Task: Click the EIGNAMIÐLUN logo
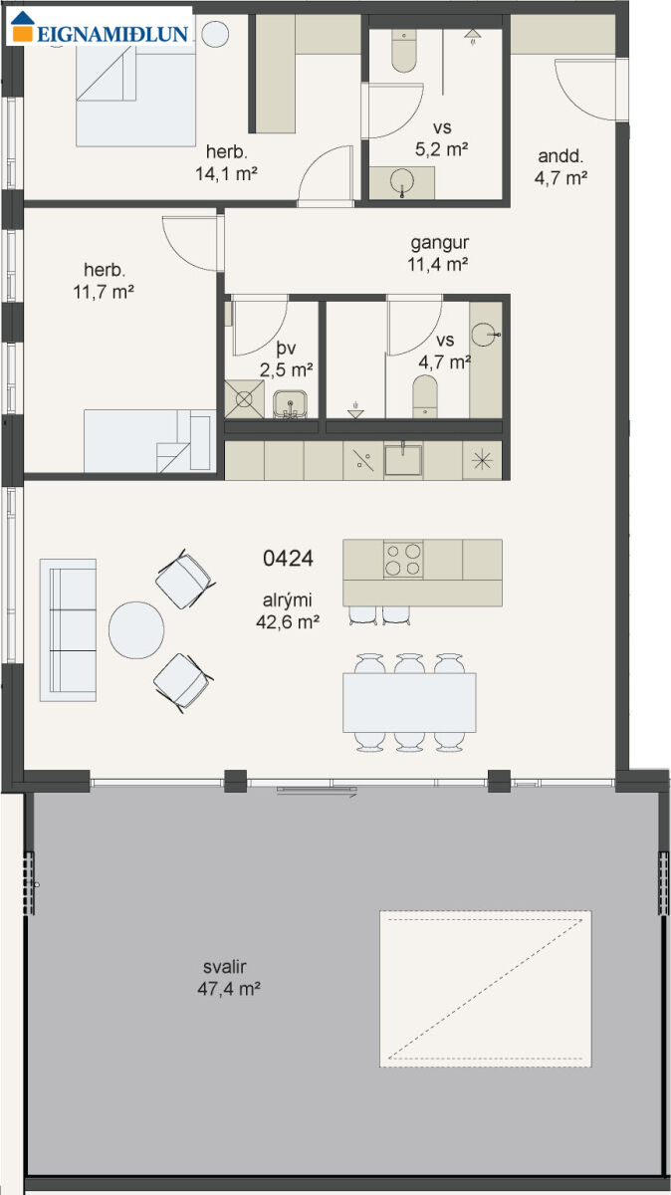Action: (x=100, y=26)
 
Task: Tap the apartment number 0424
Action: (x=288, y=558)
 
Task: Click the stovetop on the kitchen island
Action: (x=403, y=559)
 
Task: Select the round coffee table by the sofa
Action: (x=136, y=630)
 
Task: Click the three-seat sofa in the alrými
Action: (x=69, y=629)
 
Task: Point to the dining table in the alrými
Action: (x=409, y=702)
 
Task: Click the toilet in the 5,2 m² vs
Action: (x=404, y=51)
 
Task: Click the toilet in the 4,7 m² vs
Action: (x=425, y=396)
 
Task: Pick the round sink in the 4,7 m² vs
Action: (x=484, y=335)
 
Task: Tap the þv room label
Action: (x=287, y=349)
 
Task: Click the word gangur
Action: (x=439, y=243)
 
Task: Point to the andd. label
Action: (x=560, y=156)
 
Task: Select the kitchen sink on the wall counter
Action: (x=403, y=460)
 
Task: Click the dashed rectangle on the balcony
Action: (x=486, y=1018)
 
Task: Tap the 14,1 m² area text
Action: (x=227, y=173)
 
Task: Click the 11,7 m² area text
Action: (x=104, y=292)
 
